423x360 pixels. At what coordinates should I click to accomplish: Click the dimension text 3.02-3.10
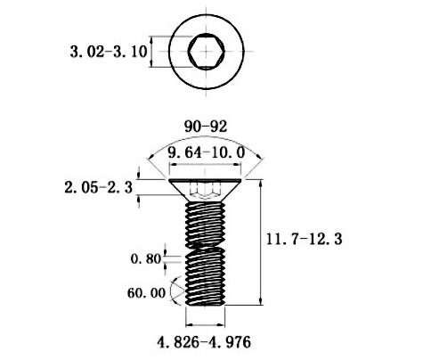[109, 52]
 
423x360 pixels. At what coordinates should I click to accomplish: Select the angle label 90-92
[206, 127]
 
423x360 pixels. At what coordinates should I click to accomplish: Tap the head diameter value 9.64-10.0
[207, 152]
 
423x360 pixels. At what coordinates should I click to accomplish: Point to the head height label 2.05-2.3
[99, 188]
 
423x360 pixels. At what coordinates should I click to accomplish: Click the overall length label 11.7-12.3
[304, 239]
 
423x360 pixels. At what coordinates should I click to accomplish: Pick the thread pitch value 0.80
[146, 258]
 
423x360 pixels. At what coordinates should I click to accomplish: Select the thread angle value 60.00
[146, 293]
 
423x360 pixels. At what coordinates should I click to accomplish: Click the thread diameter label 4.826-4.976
[204, 342]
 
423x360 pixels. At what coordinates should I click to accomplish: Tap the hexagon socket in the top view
[207, 52]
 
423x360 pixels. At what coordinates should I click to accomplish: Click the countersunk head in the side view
[205, 190]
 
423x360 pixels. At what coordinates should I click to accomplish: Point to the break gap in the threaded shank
[205, 249]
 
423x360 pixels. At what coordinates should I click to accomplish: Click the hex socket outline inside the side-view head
[205, 191]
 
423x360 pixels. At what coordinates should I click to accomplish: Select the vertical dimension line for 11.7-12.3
[261, 242]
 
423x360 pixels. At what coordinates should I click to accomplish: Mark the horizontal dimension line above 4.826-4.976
[205, 324]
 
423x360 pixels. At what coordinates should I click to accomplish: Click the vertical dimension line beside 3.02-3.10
[151, 52]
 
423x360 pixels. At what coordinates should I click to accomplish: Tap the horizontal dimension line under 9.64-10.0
[205, 164]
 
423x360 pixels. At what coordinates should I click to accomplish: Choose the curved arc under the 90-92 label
[206, 138]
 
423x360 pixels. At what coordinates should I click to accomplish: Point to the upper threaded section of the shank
[205, 225]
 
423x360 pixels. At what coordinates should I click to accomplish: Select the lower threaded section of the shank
[205, 277]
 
